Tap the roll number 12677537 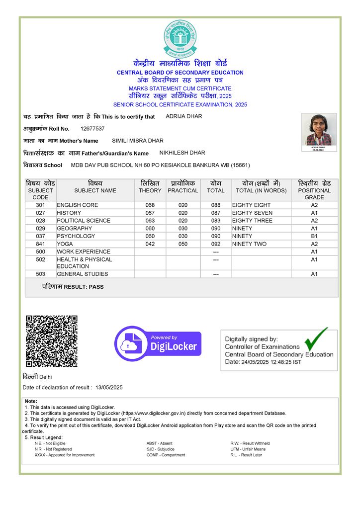pos(92,129)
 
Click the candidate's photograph pos(319,130)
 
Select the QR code pos(52,341)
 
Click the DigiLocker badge pos(158,343)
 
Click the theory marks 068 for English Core pos(150,205)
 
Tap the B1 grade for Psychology pos(314,236)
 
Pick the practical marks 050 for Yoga pos(183,244)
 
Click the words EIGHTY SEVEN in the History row pos(252,213)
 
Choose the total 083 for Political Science pos(216,221)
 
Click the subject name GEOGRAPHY pos(75,228)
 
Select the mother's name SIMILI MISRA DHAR pos(138,141)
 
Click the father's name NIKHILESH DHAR pos(182,153)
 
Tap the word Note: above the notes pos(31,401)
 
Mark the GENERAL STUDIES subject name pos(82,274)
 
